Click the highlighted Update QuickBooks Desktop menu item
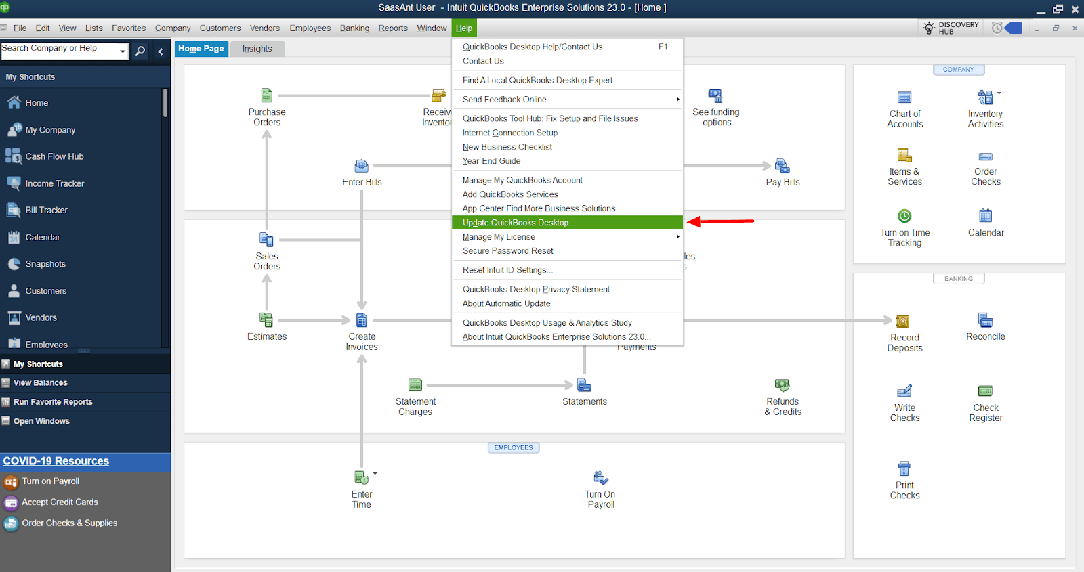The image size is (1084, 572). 518,223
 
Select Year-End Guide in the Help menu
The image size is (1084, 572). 491,161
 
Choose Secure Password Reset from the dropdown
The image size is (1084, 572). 507,251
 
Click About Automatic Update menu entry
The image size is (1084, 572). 506,304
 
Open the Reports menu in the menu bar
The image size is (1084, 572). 393,28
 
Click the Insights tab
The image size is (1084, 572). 257,49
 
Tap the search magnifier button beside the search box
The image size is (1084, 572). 140,51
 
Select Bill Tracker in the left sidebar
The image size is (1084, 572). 46,211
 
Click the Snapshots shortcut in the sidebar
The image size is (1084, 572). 45,264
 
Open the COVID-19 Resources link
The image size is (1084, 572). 56,461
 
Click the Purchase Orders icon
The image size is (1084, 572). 267,96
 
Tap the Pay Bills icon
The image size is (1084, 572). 783,167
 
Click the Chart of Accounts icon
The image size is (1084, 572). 904,98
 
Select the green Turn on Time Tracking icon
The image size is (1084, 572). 904,217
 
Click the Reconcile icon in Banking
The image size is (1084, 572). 985,321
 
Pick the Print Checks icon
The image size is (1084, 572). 904,468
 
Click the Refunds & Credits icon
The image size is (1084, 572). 783,386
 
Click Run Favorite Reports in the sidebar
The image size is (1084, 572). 53,402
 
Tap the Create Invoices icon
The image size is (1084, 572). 362,321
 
